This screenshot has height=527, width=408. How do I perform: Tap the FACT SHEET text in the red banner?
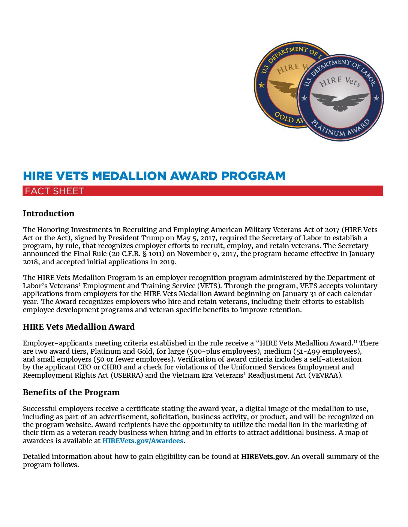(x=55, y=191)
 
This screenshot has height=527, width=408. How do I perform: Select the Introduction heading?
(x=49, y=214)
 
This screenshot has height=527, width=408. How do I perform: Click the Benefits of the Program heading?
(x=71, y=393)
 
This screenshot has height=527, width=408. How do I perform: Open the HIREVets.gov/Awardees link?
(x=143, y=441)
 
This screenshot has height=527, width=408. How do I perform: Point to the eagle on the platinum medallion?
(x=340, y=101)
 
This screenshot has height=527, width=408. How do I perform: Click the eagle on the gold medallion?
(x=283, y=88)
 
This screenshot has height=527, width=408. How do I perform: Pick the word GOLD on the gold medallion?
(x=284, y=117)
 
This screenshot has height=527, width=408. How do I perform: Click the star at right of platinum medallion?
(x=376, y=98)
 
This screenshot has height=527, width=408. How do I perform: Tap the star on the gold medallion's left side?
(x=261, y=85)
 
